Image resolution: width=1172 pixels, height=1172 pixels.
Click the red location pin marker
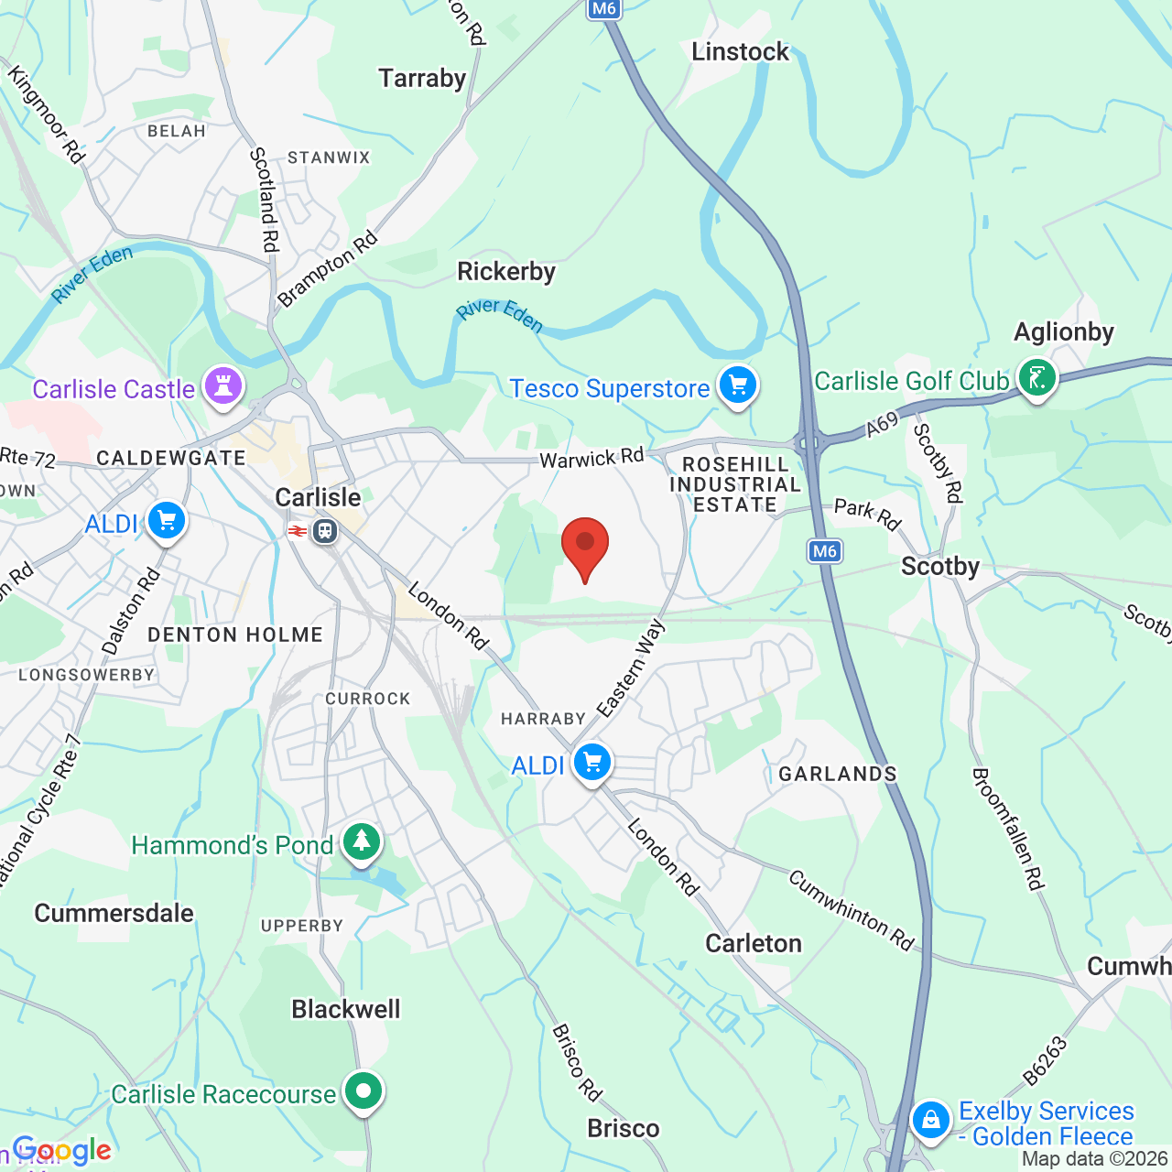click(584, 545)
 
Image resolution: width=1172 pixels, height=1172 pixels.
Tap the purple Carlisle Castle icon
click(222, 385)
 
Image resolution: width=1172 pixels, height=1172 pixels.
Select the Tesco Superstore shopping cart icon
click(738, 385)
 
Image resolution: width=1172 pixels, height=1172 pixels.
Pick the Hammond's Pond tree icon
click(362, 841)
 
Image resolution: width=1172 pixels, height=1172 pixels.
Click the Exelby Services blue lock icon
click(930, 1120)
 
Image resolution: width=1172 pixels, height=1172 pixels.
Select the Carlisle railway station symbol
click(324, 530)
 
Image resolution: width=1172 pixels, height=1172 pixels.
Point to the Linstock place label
click(740, 51)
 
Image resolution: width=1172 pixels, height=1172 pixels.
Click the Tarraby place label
click(422, 78)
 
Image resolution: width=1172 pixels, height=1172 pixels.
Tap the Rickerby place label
click(506, 271)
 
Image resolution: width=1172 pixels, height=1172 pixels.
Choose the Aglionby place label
click(1063, 331)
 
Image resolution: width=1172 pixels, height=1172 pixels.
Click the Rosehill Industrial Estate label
click(735, 484)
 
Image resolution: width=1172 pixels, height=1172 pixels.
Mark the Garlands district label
click(838, 774)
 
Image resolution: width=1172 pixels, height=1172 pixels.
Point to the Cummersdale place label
click(114, 913)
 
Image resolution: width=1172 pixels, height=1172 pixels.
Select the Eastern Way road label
click(631, 667)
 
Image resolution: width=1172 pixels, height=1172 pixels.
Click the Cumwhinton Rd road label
click(852, 910)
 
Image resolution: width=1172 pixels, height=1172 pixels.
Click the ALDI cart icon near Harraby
click(591, 762)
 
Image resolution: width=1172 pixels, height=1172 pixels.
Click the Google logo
click(62, 1150)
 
